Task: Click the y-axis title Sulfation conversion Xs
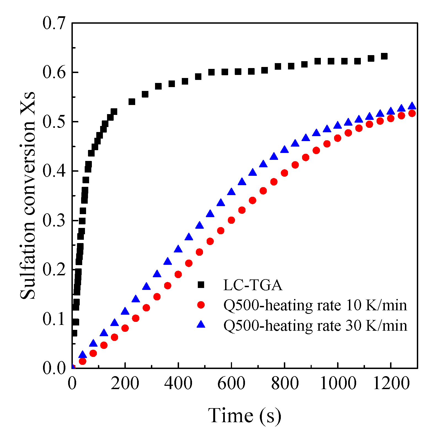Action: tap(28, 195)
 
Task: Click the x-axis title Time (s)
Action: tap(244, 416)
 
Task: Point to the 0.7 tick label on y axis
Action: tap(54, 23)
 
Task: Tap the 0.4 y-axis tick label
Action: tap(54, 171)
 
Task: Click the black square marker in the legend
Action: tap(201, 285)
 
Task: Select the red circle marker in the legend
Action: tap(201, 305)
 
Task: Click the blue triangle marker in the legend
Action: tap(201, 324)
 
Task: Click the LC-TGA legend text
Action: tap(253, 285)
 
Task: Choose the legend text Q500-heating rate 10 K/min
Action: tap(315, 305)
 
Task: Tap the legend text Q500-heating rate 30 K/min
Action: tap(315, 325)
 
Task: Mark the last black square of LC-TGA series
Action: tap(384, 56)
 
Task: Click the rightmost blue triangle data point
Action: tap(412, 106)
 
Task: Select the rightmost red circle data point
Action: tap(412, 113)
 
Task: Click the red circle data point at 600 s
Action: tap(231, 220)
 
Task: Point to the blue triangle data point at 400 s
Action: tap(178, 249)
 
